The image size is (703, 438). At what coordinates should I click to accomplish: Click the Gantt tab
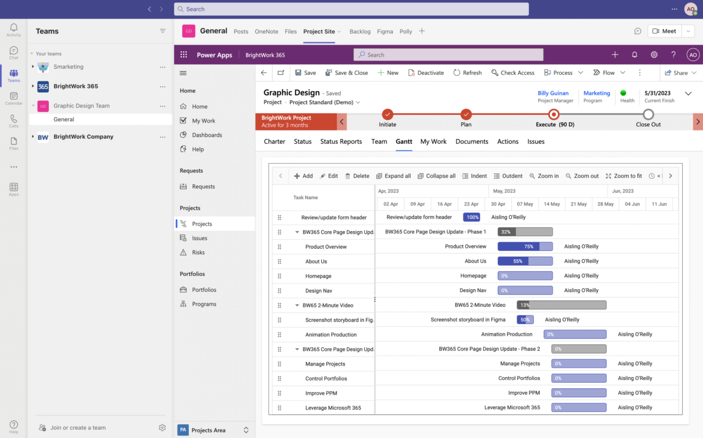pyautogui.click(x=404, y=142)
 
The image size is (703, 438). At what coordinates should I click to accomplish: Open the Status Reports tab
pyautogui.click(x=341, y=142)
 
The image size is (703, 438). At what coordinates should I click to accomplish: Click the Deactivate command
pyautogui.click(x=426, y=72)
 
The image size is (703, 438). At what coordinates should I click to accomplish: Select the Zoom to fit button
pyautogui.click(x=623, y=176)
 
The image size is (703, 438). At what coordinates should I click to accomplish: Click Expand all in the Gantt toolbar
pyautogui.click(x=393, y=176)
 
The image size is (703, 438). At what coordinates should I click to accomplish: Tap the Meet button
pyautogui.click(x=665, y=31)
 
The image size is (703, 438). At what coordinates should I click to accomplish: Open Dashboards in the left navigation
pyautogui.click(x=207, y=135)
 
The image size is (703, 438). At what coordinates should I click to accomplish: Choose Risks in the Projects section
pyautogui.click(x=198, y=252)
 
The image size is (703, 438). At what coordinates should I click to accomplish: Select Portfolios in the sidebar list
pyautogui.click(x=204, y=290)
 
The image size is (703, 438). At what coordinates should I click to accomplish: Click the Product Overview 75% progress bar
pyautogui.click(x=525, y=246)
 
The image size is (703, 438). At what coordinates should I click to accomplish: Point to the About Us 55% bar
pyautogui.click(x=525, y=261)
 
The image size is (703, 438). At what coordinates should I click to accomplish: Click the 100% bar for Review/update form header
pyautogui.click(x=471, y=217)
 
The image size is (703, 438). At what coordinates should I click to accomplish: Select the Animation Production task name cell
pyautogui.click(x=331, y=335)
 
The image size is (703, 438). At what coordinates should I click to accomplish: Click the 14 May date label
pyautogui.click(x=551, y=204)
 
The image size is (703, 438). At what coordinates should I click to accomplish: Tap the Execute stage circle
pyautogui.click(x=554, y=115)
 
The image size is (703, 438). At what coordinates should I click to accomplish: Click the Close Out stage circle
pyautogui.click(x=648, y=115)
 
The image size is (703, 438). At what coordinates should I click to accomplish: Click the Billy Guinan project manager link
pyautogui.click(x=553, y=93)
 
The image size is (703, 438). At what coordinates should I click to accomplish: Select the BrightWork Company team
pyautogui.click(x=83, y=137)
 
